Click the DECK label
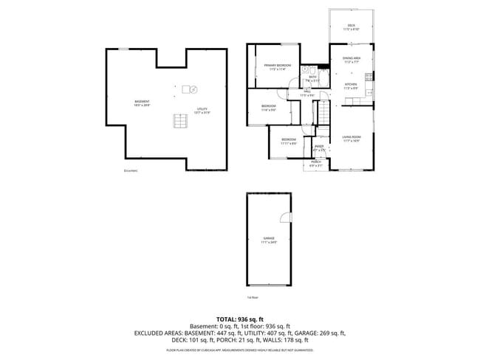[x=352, y=27]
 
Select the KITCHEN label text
[x=351, y=84]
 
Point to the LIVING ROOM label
[x=351, y=136]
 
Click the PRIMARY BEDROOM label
[x=278, y=65]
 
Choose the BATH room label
[x=312, y=76]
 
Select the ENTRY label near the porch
[x=319, y=146]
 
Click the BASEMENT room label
[x=142, y=101]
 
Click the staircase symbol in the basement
[x=179, y=122]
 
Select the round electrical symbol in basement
[x=194, y=89]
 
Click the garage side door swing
[x=284, y=215]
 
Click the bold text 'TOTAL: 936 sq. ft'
[x=239, y=319]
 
